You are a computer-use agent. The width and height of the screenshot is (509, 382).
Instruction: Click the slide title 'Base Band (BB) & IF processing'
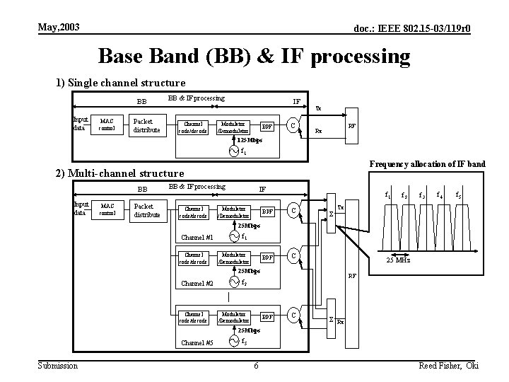pos(254,56)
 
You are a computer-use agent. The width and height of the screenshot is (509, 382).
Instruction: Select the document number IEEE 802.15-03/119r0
pos(413,28)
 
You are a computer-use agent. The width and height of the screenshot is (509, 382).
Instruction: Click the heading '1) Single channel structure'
pos(121,83)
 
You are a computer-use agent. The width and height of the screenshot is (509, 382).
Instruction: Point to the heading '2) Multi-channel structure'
pos(119,173)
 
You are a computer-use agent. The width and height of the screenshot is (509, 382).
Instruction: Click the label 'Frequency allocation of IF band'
pos(427,164)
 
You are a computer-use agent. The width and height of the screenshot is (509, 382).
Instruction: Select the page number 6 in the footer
pos(256,365)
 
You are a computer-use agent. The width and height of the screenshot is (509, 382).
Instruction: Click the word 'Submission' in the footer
pos(58,365)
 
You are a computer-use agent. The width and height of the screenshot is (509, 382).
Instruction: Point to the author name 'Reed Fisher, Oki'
pos(449,365)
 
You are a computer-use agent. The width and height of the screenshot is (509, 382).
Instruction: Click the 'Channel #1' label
pos(197,237)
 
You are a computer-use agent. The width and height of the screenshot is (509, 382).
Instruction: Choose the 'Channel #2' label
pos(197,284)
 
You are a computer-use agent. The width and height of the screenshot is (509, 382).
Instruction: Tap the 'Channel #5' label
pos(197,342)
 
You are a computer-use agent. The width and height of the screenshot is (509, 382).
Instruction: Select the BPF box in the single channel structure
pos(267,127)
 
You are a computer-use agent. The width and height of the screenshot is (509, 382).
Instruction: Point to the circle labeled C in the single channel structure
pos(293,126)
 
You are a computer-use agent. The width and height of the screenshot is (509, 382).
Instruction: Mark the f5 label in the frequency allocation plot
pos(458,195)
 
